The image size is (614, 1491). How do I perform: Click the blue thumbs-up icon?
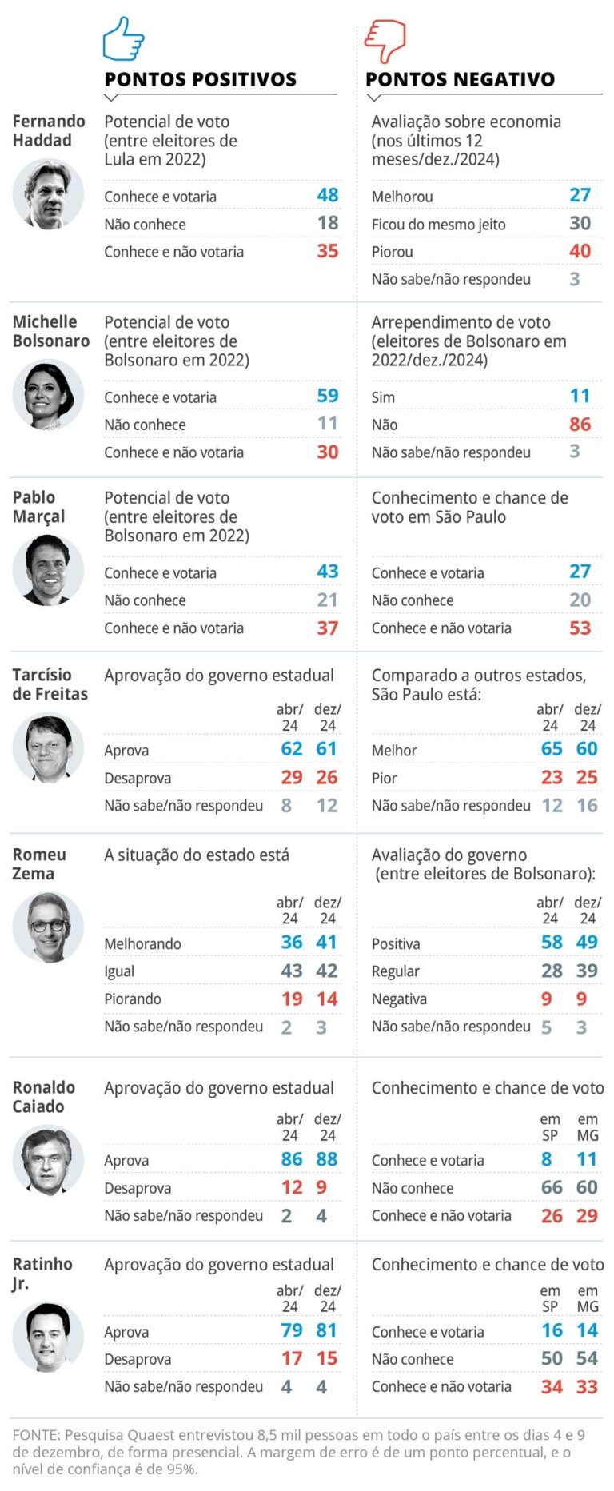pyautogui.click(x=123, y=39)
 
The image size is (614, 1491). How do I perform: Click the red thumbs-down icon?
pyautogui.click(x=385, y=41)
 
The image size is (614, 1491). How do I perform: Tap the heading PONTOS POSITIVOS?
pyautogui.click(x=200, y=79)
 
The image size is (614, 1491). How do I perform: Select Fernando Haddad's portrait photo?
pyautogui.click(x=48, y=194)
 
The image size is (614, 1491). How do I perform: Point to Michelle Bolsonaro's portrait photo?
pyautogui.click(x=48, y=395)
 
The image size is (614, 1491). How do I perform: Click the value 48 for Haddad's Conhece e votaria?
pyautogui.click(x=327, y=195)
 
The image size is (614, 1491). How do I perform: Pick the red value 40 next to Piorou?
pyautogui.click(x=580, y=251)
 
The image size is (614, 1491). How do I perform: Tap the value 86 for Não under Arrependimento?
pyautogui.click(x=580, y=425)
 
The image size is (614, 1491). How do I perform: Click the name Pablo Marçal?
pyautogui.click(x=38, y=507)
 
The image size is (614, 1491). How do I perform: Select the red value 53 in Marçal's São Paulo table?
pyautogui.click(x=580, y=628)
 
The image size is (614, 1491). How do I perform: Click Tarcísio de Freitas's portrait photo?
pyautogui.click(x=48, y=748)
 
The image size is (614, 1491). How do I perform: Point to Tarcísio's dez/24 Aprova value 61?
pyautogui.click(x=326, y=749)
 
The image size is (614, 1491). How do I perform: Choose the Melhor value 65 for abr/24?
pyautogui.click(x=552, y=749)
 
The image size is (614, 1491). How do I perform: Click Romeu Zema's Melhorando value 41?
pyautogui.click(x=326, y=943)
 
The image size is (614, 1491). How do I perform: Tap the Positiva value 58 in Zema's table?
pyautogui.click(x=552, y=943)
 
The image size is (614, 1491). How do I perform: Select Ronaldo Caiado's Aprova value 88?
pyautogui.click(x=326, y=1159)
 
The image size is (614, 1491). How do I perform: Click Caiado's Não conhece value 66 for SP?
pyautogui.click(x=552, y=1187)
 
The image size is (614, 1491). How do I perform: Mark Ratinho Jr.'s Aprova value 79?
pyautogui.click(x=291, y=1330)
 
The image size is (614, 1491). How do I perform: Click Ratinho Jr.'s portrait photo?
pyautogui.click(x=48, y=1338)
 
